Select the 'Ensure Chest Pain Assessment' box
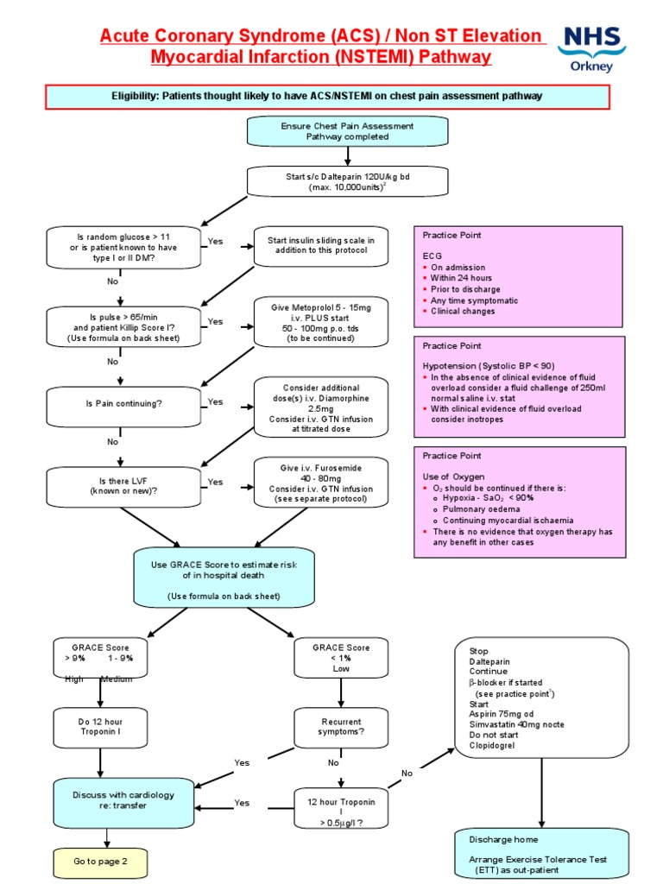[347, 131]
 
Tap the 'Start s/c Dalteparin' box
[347, 181]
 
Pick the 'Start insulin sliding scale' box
[321, 245]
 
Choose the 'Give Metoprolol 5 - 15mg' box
[321, 321]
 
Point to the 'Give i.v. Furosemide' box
[321, 483]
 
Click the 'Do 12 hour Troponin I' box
[102, 727]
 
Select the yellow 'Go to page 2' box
[100, 861]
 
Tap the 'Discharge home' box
[541, 854]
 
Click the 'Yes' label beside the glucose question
[214, 242]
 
